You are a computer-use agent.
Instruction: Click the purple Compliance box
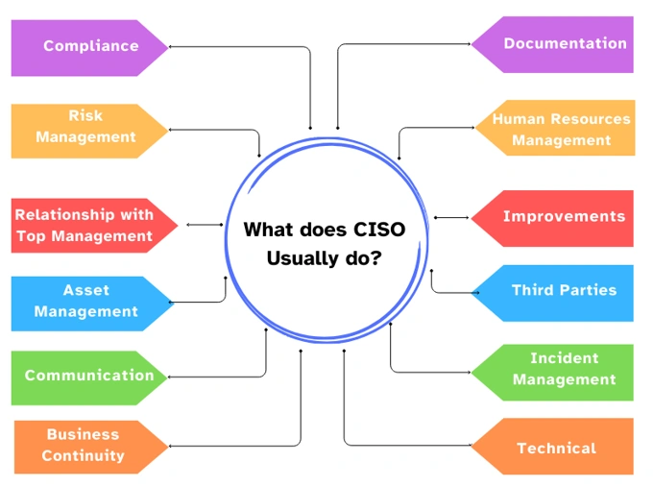(89, 47)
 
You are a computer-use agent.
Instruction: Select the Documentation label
(565, 43)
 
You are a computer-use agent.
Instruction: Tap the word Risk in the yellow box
(85, 115)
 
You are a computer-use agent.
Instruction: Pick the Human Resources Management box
(555, 128)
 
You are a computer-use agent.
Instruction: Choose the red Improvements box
(552, 218)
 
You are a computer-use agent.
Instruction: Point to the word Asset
(86, 290)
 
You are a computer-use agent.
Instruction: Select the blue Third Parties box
(552, 293)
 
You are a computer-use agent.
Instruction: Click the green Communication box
(89, 377)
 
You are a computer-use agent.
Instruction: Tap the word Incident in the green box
(565, 358)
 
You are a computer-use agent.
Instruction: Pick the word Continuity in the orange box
(84, 455)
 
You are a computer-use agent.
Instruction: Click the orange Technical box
(552, 446)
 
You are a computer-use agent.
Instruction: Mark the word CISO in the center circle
(379, 230)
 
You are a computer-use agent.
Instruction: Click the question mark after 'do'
(375, 257)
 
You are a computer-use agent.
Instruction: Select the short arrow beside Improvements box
(451, 217)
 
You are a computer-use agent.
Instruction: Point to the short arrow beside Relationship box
(205, 225)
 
